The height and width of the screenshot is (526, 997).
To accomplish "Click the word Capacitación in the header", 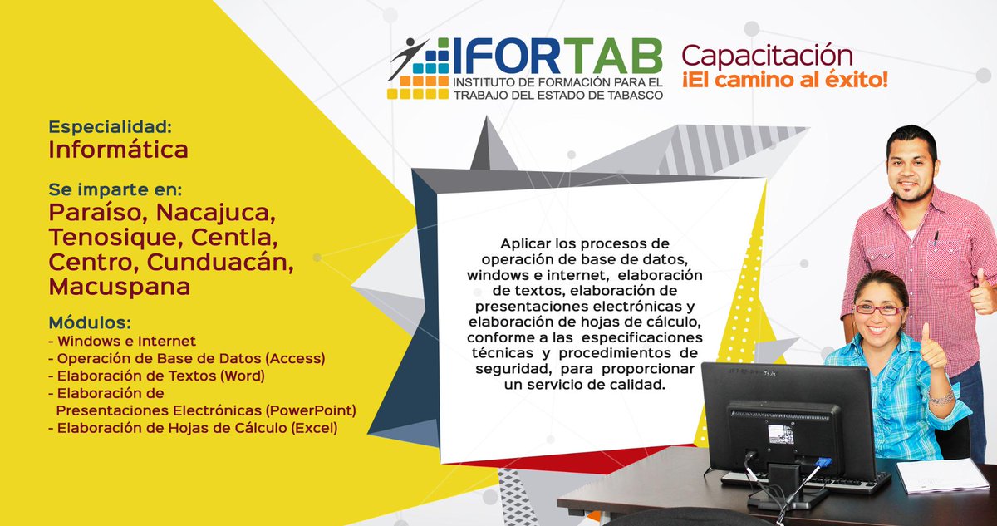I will (767, 55).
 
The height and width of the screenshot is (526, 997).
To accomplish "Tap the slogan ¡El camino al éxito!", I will (785, 81).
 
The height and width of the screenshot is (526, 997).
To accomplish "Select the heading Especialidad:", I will (110, 127).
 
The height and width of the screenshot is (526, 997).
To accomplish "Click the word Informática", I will (118, 150).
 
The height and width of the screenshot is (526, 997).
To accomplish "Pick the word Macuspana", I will (119, 287).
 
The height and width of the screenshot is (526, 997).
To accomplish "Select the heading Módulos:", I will (90, 322).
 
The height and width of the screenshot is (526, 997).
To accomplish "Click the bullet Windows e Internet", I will (125, 341).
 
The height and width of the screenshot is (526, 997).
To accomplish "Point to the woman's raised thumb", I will (931, 346).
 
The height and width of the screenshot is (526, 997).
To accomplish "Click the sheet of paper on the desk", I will (941, 475).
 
